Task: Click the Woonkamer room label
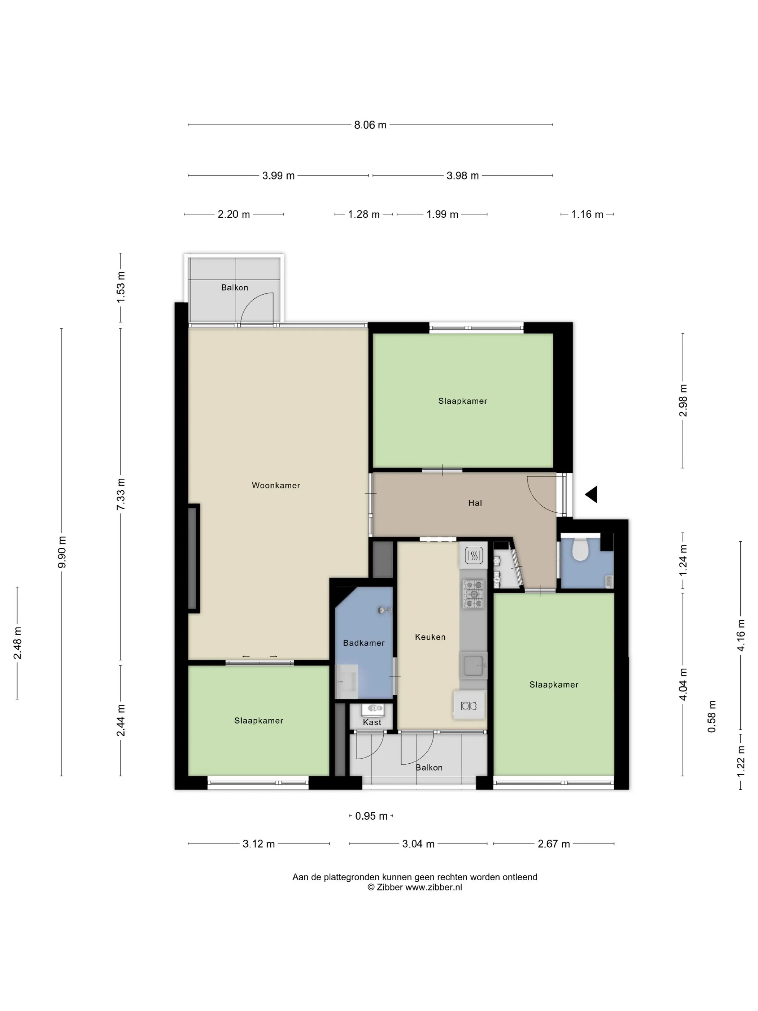tap(276, 485)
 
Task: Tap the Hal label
tap(475, 503)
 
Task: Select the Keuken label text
tap(430, 637)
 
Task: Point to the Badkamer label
tap(364, 643)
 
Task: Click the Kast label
tap(372, 722)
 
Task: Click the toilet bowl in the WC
tap(580, 549)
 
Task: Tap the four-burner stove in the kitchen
tap(473, 594)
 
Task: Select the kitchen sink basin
tap(473, 665)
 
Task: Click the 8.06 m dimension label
tap(370, 125)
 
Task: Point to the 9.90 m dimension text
tap(62, 552)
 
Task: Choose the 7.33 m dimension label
tap(121, 495)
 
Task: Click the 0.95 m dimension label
tap(371, 816)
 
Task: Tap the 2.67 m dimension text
tap(554, 844)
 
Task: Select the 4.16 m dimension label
tap(741, 635)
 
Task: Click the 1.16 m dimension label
tap(587, 214)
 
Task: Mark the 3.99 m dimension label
tap(278, 175)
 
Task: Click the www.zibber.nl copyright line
tap(415, 887)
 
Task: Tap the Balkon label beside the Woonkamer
tap(235, 287)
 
